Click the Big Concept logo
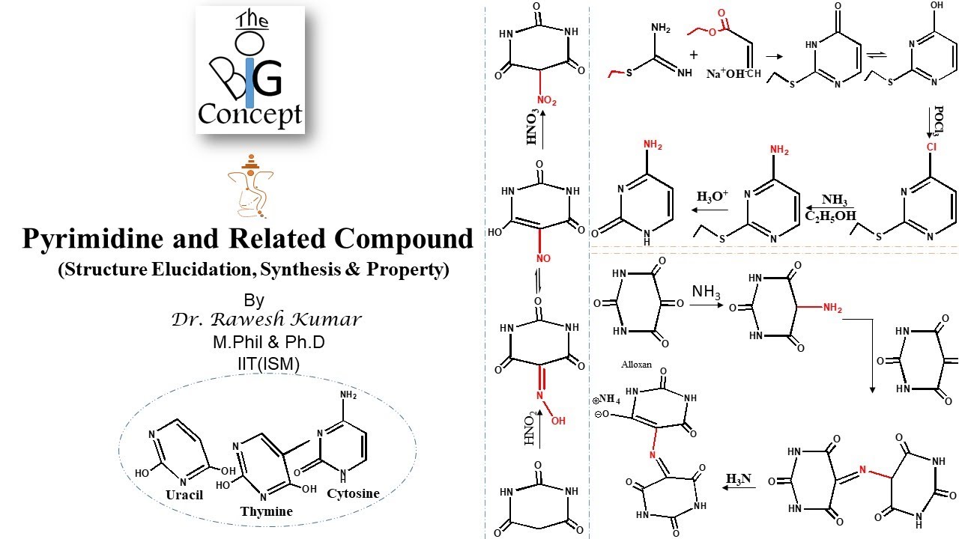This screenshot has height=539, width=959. [250, 70]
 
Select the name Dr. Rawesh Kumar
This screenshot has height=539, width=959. [267, 320]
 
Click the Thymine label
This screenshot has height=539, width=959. [266, 511]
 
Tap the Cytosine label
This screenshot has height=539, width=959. [353, 493]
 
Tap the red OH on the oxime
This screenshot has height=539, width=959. [558, 421]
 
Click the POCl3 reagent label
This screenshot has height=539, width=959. [937, 120]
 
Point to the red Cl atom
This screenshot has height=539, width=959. [932, 147]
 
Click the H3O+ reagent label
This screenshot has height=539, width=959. [713, 197]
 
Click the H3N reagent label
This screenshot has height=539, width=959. [739, 478]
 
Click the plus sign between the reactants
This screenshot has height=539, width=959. [694, 55]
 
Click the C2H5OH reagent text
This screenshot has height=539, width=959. [829, 216]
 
